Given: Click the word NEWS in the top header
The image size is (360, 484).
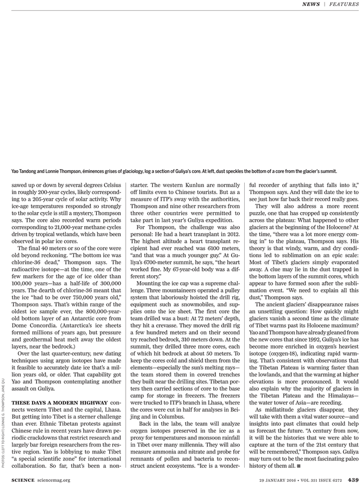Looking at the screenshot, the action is click(311, 4).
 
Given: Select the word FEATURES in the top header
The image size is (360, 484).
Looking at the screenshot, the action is click(344, 4).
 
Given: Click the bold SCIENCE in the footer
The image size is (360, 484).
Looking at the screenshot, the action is click(23, 480).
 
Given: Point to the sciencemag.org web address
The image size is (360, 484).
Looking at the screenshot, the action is click(54, 480).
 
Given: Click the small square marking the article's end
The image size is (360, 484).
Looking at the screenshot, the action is click(298, 466).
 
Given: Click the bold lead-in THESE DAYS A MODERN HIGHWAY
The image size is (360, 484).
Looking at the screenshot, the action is click(60, 402).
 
